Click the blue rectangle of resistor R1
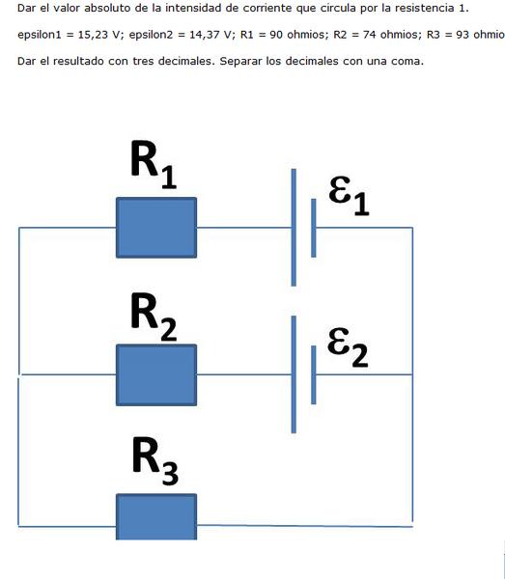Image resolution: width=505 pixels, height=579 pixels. click(156, 228)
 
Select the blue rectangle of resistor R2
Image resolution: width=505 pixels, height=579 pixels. click(156, 375)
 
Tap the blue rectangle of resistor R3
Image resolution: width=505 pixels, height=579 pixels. click(156, 517)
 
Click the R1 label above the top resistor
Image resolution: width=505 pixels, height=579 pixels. click(154, 164)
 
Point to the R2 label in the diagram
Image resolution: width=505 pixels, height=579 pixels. click(154, 317)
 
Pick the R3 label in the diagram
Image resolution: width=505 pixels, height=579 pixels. click(155, 460)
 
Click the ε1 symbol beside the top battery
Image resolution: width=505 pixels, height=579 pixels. click(350, 196)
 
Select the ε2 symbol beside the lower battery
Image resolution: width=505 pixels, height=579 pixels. click(348, 347)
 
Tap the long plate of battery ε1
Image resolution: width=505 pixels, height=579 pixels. click(294, 228)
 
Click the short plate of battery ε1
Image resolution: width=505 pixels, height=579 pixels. click(314, 228)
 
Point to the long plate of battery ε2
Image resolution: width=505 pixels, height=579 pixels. click(294, 374)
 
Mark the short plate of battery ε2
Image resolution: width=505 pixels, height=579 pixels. click(314, 374)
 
